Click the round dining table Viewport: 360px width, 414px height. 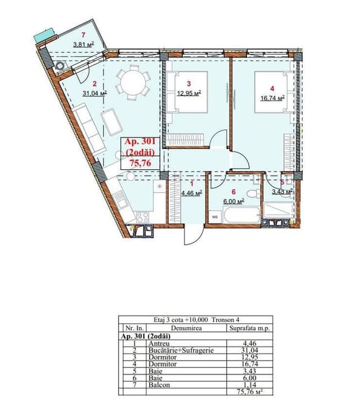(133, 83)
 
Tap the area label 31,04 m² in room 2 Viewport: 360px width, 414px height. (94, 93)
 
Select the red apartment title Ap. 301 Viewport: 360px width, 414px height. (140, 142)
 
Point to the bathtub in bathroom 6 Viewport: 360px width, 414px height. (242, 215)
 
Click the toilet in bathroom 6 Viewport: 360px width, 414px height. (254, 193)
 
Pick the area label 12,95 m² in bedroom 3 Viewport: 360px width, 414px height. (189, 93)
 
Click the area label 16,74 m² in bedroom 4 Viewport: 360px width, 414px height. (272, 98)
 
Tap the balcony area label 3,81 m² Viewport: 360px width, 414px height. (84, 44)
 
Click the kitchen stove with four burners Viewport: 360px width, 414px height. (142, 218)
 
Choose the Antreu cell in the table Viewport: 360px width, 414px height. (159, 344)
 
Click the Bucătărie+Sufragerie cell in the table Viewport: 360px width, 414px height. (181, 350)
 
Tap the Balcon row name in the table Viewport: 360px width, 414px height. (159, 385)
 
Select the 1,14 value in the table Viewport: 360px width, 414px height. (249, 385)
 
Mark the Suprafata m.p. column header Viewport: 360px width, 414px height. (249, 328)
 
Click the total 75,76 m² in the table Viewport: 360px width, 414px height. (250, 391)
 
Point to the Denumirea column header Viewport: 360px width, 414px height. (186, 328)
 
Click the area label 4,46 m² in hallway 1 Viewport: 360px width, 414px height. (192, 193)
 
